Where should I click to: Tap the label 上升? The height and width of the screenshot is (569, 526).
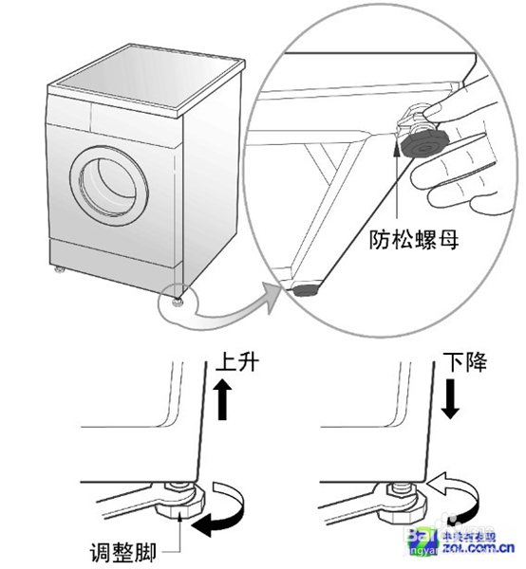coord(238,363)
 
